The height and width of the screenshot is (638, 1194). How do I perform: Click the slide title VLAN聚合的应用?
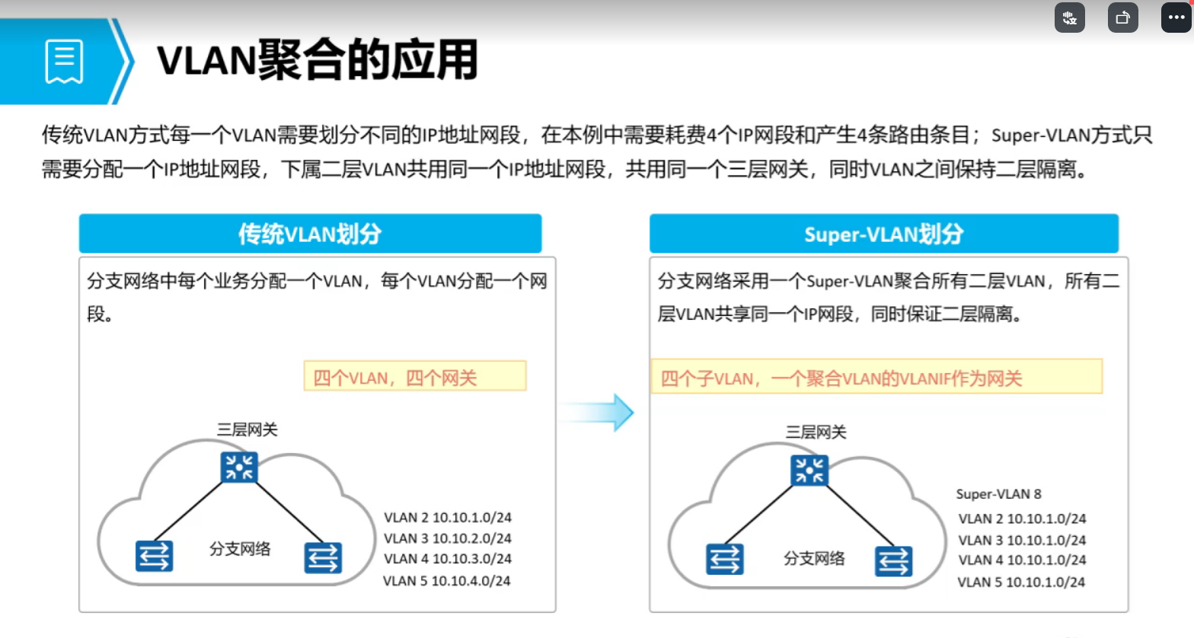[x=317, y=60]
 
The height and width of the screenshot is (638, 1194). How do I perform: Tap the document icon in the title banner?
[x=64, y=61]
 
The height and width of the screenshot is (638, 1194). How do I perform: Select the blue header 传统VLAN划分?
[x=310, y=234]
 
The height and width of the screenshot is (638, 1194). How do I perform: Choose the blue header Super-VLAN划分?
[x=883, y=234]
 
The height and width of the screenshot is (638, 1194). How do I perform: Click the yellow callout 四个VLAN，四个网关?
[x=414, y=377]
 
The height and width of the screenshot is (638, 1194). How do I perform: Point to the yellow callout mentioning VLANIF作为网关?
[x=876, y=377]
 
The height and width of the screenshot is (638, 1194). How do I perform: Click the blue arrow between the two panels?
[x=602, y=413]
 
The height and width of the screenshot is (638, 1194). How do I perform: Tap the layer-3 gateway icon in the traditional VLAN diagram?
[x=239, y=467]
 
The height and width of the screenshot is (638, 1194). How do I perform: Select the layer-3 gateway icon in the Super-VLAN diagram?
[x=809, y=470]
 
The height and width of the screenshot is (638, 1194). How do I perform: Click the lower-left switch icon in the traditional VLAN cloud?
[x=154, y=556]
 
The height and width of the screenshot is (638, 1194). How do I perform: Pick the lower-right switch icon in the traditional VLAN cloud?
[x=323, y=557]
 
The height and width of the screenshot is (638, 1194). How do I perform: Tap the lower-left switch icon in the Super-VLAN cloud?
[x=724, y=559]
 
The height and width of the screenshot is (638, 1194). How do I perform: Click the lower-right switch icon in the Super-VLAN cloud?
[x=893, y=561]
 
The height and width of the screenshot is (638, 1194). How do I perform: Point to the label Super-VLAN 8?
[x=998, y=494]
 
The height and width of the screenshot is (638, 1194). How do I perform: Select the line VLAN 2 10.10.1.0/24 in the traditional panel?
[x=447, y=518]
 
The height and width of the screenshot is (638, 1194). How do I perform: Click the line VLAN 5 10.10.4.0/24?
[x=446, y=581]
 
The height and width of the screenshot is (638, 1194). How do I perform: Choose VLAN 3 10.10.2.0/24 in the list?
[x=447, y=538]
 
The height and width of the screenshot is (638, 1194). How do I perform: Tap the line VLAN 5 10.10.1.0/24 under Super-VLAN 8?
[x=1020, y=582]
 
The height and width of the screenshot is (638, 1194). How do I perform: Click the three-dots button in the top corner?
[x=1176, y=18]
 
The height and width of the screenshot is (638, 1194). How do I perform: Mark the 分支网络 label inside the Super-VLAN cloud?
[x=814, y=558]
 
